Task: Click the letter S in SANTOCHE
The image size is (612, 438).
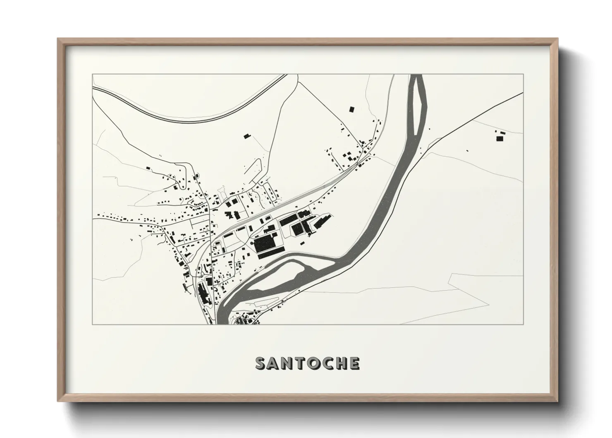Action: pos(261,363)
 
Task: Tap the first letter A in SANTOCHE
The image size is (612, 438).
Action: pos(275,363)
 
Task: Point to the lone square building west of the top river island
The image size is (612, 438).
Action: pos(351,109)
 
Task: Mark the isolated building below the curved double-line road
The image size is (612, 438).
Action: pos(247,136)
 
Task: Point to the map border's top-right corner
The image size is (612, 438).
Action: pos(524,75)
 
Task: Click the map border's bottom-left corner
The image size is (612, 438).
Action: pos(93,324)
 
